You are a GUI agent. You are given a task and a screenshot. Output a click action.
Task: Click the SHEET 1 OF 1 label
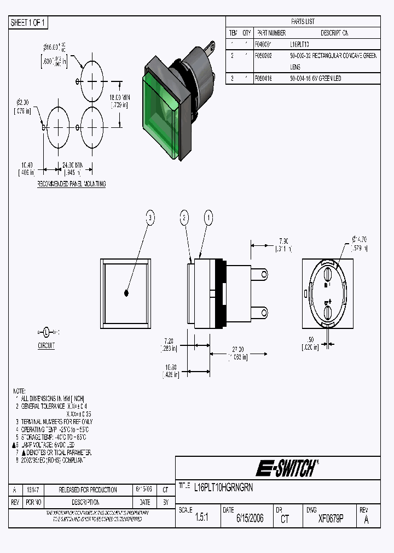click(29, 23)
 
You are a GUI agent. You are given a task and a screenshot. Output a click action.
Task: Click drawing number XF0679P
click(331, 519)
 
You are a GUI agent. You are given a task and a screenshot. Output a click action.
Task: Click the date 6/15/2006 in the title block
click(250, 519)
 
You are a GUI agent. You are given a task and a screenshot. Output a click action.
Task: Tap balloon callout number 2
click(185, 218)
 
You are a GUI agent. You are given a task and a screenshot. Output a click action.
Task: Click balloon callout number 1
click(207, 218)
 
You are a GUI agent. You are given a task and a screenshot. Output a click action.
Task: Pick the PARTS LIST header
click(303, 22)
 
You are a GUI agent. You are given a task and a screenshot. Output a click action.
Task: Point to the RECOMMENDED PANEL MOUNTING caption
click(71, 184)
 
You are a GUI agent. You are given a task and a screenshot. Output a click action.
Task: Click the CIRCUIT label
click(46, 346)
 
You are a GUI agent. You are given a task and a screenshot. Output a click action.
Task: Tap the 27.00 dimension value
click(238, 349)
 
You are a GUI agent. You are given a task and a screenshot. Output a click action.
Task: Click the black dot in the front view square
click(126, 293)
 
